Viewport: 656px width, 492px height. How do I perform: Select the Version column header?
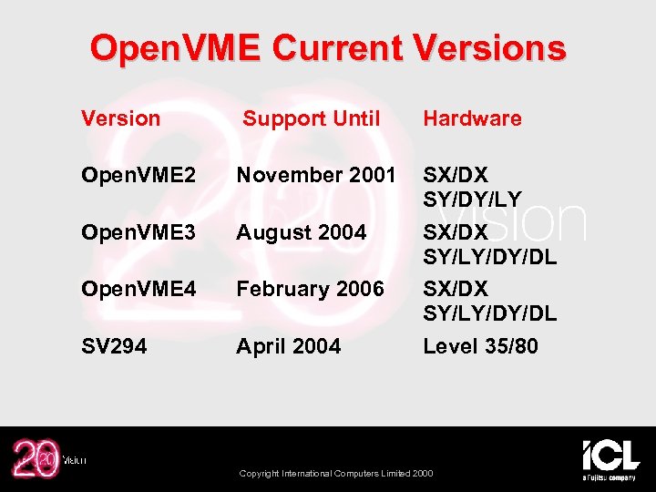120,118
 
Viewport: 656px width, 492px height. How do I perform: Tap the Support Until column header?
311,118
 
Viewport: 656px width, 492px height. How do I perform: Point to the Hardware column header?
472,118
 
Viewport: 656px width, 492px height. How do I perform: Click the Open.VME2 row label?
138,175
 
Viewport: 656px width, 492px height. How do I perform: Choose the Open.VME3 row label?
138,232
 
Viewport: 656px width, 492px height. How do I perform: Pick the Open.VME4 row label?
138,289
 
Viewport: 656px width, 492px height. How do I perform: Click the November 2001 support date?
316,175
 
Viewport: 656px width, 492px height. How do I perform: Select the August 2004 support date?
301,232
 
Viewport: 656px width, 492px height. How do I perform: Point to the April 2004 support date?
288,346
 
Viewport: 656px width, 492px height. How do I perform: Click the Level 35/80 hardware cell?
480,346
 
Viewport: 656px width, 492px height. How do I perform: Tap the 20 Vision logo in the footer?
46,459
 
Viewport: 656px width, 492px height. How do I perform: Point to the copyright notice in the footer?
336,473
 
